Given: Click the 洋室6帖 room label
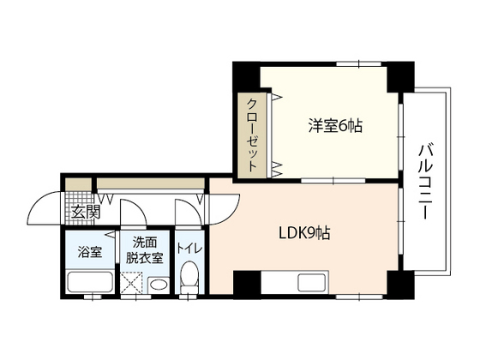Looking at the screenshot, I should point(336,126).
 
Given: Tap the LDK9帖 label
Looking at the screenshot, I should point(304,233).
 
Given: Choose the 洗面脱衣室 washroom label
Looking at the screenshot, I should point(146,249).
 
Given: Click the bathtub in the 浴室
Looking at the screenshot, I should point(89,281).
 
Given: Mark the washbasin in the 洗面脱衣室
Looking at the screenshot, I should point(158,284).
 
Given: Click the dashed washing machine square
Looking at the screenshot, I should point(133,281).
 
